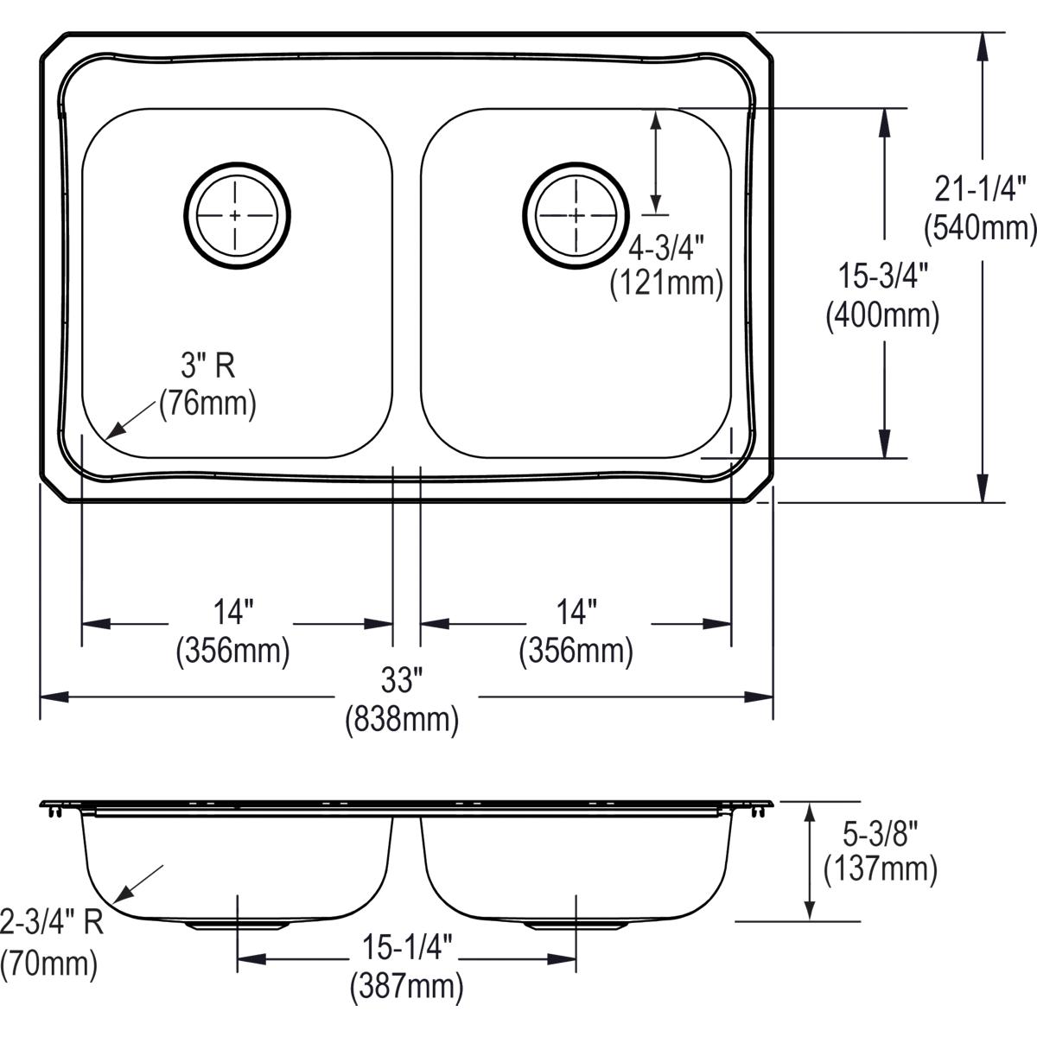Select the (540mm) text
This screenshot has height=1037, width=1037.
coord(979,227)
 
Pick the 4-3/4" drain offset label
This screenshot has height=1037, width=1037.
coord(666,248)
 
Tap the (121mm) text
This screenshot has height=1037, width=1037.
coord(666,283)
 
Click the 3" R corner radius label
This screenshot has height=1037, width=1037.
coord(207,367)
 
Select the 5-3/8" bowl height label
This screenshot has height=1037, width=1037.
coord(880,832)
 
